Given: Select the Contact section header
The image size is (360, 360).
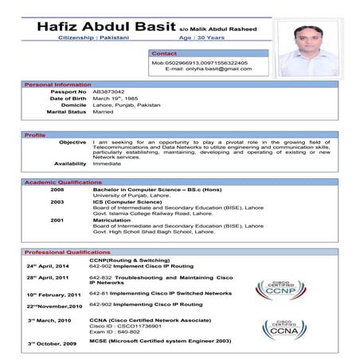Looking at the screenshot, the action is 165,53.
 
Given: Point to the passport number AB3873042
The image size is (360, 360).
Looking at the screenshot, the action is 109,92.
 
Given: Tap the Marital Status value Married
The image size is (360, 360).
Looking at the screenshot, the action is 103,112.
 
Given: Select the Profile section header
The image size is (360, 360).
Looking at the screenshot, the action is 35,135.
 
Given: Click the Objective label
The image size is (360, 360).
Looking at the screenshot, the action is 72,142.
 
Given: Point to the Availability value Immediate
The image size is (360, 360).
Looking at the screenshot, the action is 108,163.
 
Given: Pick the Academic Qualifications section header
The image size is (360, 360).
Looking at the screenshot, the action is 63,182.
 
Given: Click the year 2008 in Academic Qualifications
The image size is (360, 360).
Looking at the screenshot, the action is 57,190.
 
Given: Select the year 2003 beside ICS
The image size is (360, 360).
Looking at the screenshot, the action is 57,202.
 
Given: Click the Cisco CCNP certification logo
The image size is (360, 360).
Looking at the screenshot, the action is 280,289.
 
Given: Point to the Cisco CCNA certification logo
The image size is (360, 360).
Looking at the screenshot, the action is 284,329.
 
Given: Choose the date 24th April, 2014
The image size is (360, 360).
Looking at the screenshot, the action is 48,265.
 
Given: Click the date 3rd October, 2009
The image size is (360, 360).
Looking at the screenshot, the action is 52,342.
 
